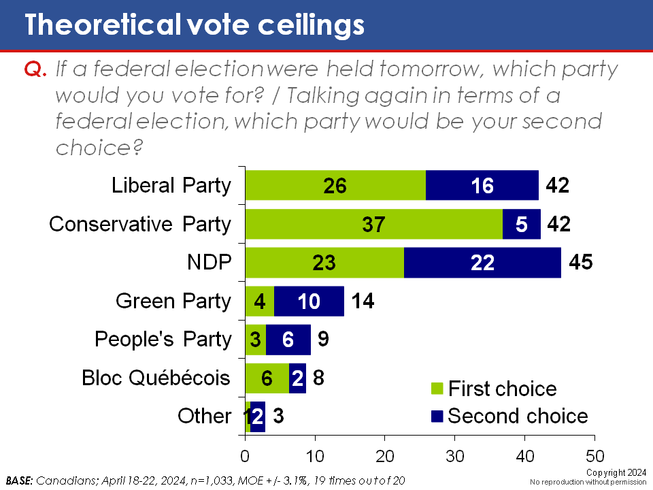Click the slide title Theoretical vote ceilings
click(195, 24)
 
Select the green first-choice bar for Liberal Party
click(335, 185)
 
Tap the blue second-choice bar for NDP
click(482, 262)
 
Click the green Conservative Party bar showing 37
click(373, 224)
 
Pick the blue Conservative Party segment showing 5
click(522, 224)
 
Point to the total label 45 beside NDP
click(580, 262)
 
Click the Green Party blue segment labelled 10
click(309, 301)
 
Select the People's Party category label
click(163, 339)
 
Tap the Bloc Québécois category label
click(156, 377)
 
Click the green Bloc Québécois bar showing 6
click(267, 378)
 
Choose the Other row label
click(204, 416)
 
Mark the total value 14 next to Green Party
click(364, 301)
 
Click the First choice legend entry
click(495, 389)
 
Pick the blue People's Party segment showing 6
click(288, 339)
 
